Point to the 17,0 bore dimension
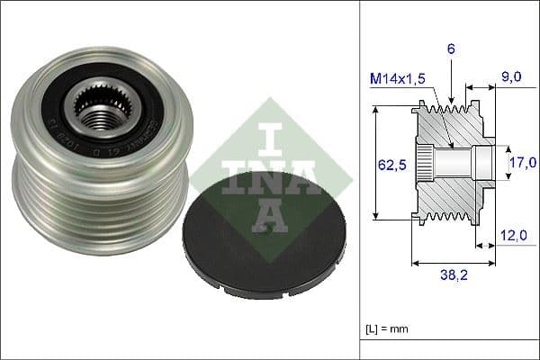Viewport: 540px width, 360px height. point(523,162)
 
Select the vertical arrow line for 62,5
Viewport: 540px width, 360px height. point(374,162)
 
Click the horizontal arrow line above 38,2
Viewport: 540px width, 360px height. point(454,264)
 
